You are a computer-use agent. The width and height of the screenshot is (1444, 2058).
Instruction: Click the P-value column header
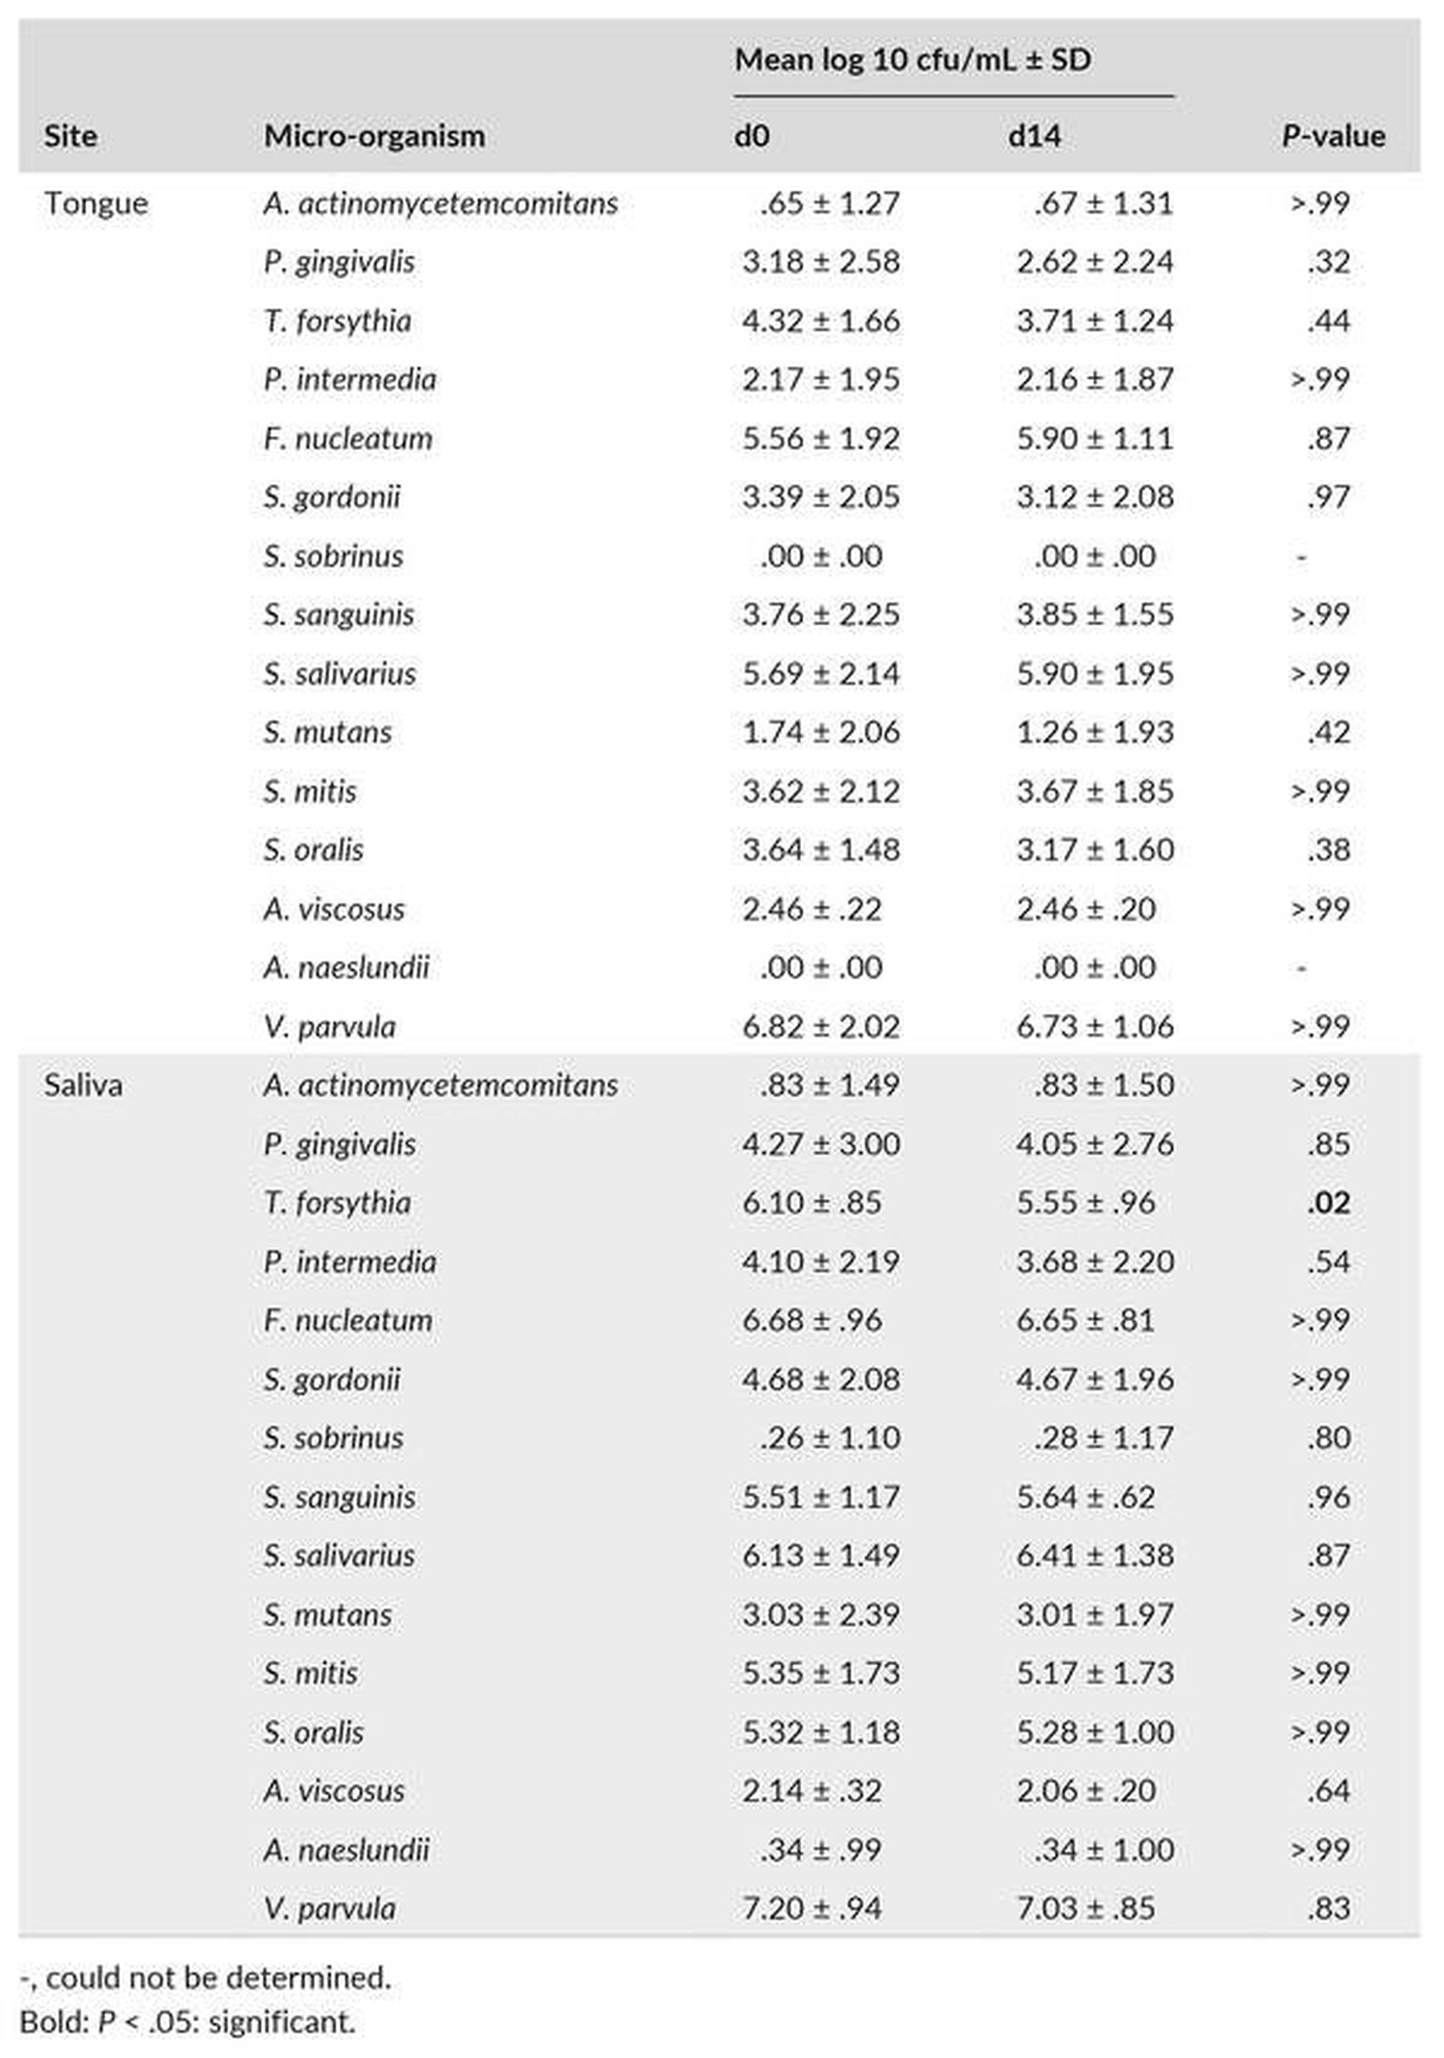pos(1333,135)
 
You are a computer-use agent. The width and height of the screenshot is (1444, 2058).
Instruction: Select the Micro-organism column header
pos(374,135)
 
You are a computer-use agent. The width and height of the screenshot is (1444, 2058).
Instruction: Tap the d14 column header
pos(1034,135)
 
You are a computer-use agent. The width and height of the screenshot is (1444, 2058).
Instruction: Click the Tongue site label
pos(96,204)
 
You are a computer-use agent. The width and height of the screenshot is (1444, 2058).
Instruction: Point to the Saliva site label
pos(84,1085)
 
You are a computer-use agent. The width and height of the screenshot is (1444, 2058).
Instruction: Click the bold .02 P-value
pos(1328,1203)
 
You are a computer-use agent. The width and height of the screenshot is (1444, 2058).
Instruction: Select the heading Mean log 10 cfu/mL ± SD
pos(913,60)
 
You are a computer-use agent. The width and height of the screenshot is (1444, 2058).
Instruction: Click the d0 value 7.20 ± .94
pos(812,1908)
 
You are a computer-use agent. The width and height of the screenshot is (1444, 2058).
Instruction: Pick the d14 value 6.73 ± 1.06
pos(1094,1026)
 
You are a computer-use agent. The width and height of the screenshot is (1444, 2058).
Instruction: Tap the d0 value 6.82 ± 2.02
pos(821,1026)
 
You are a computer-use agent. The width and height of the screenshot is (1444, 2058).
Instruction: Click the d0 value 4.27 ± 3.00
pos(821,1145)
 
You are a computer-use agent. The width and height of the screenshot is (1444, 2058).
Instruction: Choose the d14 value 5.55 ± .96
pos(1085,1203)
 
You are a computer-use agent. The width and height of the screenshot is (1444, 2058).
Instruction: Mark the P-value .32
pos(1328,261)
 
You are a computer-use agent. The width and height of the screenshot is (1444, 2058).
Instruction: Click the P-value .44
pos(1328,321)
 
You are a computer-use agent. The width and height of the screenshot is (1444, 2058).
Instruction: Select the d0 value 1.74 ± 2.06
pos(821,733)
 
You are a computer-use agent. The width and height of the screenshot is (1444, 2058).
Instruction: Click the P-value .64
pos(1328,1791)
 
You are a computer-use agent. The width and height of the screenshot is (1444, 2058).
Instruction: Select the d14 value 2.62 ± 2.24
pos(1094,261)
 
